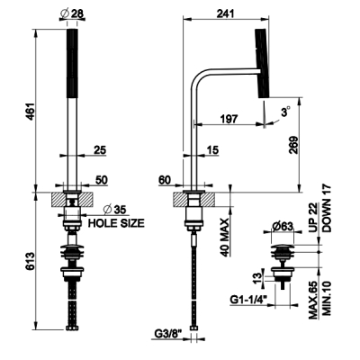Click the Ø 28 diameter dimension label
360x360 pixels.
[x=72, y=13]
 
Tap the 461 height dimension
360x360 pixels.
[x=31, y=112]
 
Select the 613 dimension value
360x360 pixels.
[x=31, y=261]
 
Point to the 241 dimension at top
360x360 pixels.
[x=225, y=13]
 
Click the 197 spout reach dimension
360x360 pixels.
[x=229, y=118]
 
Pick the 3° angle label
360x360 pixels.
[x=285, y=112]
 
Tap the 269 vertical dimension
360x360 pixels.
[x=293, y=145]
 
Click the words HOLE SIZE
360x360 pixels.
[x=116, y=223]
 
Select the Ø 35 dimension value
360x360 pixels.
[x=114, y=210]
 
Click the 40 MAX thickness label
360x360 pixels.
[x=225, y=237]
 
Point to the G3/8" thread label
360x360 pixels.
[x=168, y=333]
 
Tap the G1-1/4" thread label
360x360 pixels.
[x=248, y=300]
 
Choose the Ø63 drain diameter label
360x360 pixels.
[x=282, y=227]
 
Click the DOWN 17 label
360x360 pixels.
[x=327, y=208]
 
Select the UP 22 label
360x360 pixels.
[x=313, y=219]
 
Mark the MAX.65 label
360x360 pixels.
[x=313, y=300]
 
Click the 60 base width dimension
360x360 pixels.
[x=165, y=180]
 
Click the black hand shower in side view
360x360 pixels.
[x=262, y=63]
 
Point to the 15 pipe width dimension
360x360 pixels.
[x=213, y=150]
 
